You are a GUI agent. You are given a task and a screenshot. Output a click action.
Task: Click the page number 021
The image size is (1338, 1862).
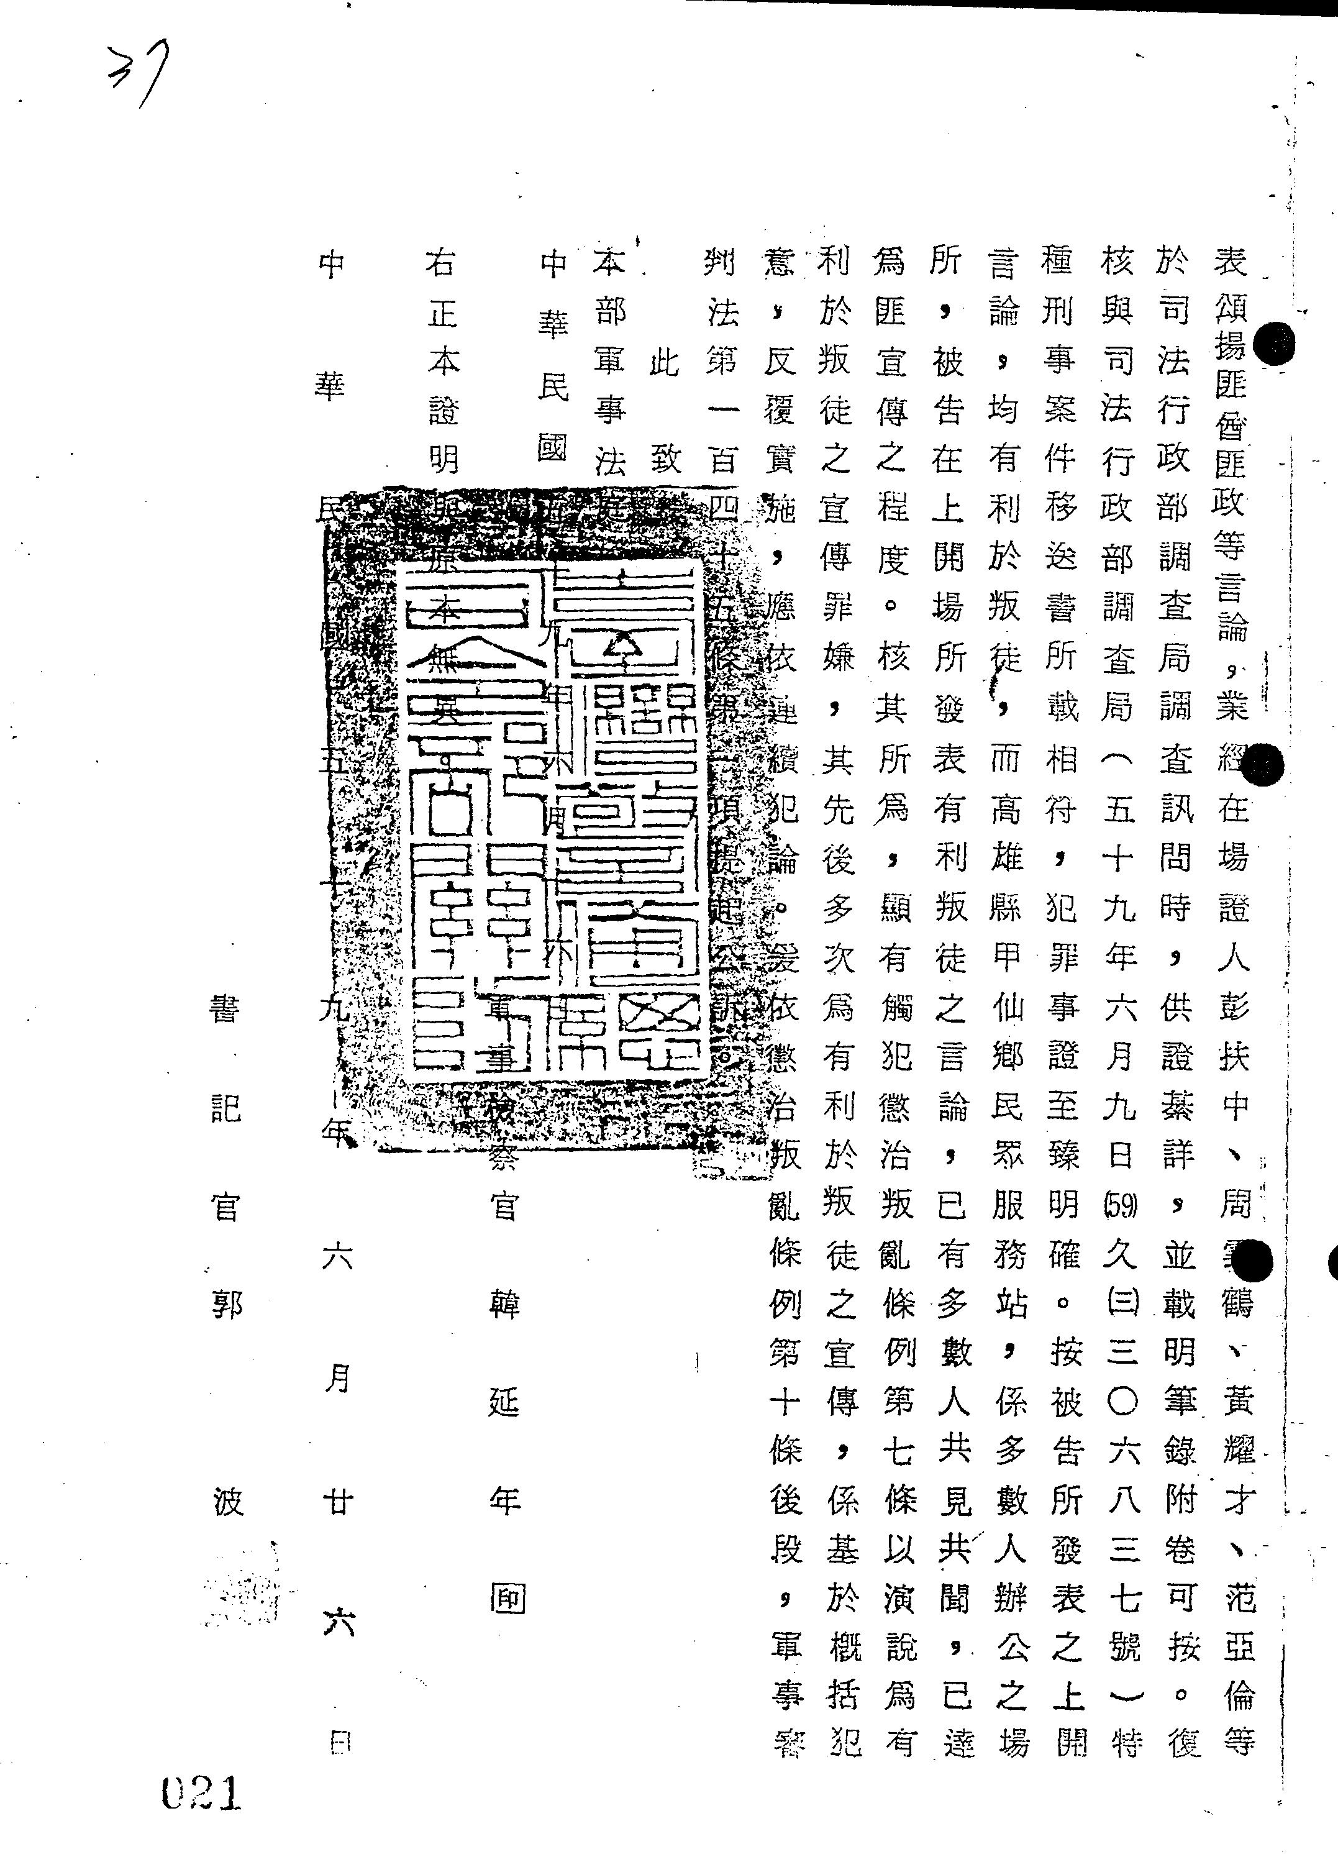tap(201, 1793)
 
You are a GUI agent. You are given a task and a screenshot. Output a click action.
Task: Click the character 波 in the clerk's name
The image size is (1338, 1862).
tap(227, 1502)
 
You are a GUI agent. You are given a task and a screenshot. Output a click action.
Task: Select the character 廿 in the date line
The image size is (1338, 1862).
tap(337, 1502)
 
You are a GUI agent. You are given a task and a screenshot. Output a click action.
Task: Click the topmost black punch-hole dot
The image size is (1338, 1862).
tap(1275, 343)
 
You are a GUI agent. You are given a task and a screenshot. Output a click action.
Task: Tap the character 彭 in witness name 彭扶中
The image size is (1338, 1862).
tap(1233, 1008)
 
